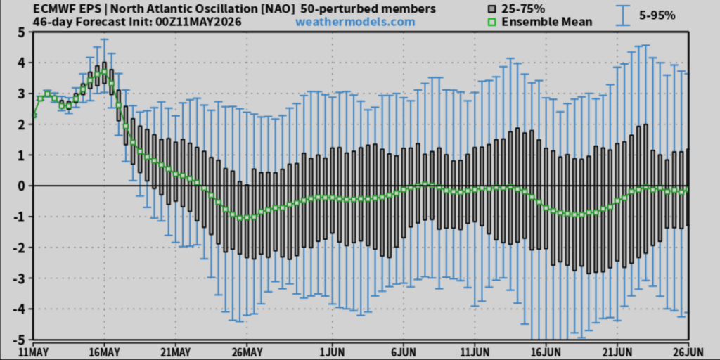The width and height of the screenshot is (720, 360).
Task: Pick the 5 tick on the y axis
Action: [x=22, y=32]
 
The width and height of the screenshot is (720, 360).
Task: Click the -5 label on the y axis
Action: [x=19, y=340]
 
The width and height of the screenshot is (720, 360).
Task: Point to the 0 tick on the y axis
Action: [x=22, y=186]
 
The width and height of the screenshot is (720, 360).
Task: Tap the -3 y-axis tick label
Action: [x=19, y=278]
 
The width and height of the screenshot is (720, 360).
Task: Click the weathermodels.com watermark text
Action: [x=355, y=22]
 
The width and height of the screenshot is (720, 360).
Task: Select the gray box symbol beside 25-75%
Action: [x=493, y=9]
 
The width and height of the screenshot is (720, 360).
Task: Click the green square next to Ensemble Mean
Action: [x=493, y=22]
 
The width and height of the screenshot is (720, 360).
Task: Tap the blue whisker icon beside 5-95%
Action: [x=623, y=15]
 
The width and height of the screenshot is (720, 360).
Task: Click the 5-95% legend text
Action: [x=657, y=15]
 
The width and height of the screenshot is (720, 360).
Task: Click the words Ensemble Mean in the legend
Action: [x=547, y=22]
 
